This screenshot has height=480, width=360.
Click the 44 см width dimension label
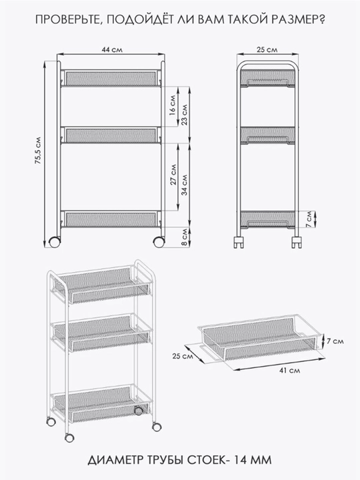[x=112, y=49]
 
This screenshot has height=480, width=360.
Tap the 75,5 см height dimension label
[x=38, y=150]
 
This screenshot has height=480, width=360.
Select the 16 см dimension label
[x=173, y=105]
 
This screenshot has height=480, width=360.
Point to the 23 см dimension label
[x=185, y=115]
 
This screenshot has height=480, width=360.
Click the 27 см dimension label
[x=173, y=175]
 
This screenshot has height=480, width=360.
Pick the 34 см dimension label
[x=185, y=185]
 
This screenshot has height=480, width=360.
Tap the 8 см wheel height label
[x=185, y=237]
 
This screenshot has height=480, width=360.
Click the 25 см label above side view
[x=267, y=49]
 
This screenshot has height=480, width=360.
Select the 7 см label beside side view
[x=309, y=219]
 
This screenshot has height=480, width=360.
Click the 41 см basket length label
[x=289, y=371]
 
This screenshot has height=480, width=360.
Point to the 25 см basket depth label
[x=183, y=356]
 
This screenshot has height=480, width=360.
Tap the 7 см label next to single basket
[x=335, y=341]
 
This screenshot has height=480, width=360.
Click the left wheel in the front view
[x=55, y=242]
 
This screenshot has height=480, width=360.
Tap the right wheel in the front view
[x=159, y=242]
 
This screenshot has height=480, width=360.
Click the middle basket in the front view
[x=111, y=135]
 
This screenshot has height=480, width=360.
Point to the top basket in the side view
[x=267, y=78]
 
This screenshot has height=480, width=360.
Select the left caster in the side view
[x=239, y=242]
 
